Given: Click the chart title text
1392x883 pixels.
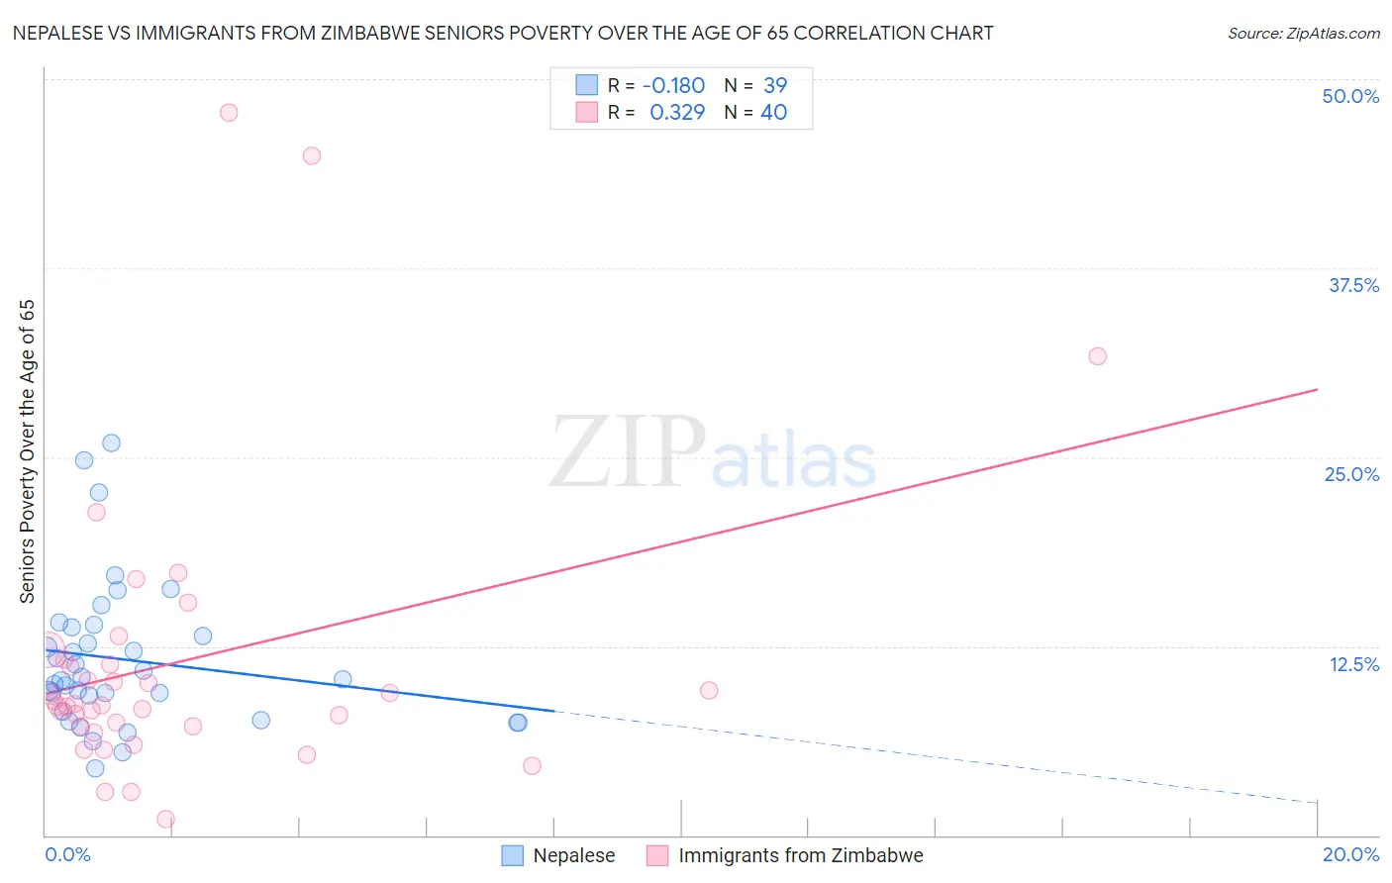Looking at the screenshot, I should tap(503, 33).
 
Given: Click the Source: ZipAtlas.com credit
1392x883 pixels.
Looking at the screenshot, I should tap(1303, 33).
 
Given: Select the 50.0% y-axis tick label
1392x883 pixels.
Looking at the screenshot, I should tap(1350, 96).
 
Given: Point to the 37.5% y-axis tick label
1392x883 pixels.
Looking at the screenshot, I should tap(1353, 285).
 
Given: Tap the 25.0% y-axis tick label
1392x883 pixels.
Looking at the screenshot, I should tap(1351, 474).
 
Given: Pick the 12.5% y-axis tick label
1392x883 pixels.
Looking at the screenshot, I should tap(1353, 663).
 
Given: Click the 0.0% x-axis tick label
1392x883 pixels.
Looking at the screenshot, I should tap(67, 854).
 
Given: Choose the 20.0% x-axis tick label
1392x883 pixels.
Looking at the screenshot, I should tap(1350, 854).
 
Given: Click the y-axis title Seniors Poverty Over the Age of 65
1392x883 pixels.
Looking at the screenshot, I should tap(28, 451).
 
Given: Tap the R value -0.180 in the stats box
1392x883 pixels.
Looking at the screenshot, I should tap(673, 86).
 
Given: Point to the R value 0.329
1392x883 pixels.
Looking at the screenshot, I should tap(677, 113).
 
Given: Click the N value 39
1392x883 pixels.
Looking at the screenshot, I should tap(774, 86).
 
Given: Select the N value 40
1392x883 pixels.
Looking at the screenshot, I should tap(773, 113).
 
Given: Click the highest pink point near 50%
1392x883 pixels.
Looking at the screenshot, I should tap(229, 113).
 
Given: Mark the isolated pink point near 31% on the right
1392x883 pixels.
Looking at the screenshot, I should tap(1097, 356).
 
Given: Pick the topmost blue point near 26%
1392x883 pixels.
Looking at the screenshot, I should tap(112, 442).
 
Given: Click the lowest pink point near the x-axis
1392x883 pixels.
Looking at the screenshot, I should tap(166, 819).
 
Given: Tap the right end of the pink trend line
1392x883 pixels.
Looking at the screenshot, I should tap(1317, 389).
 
